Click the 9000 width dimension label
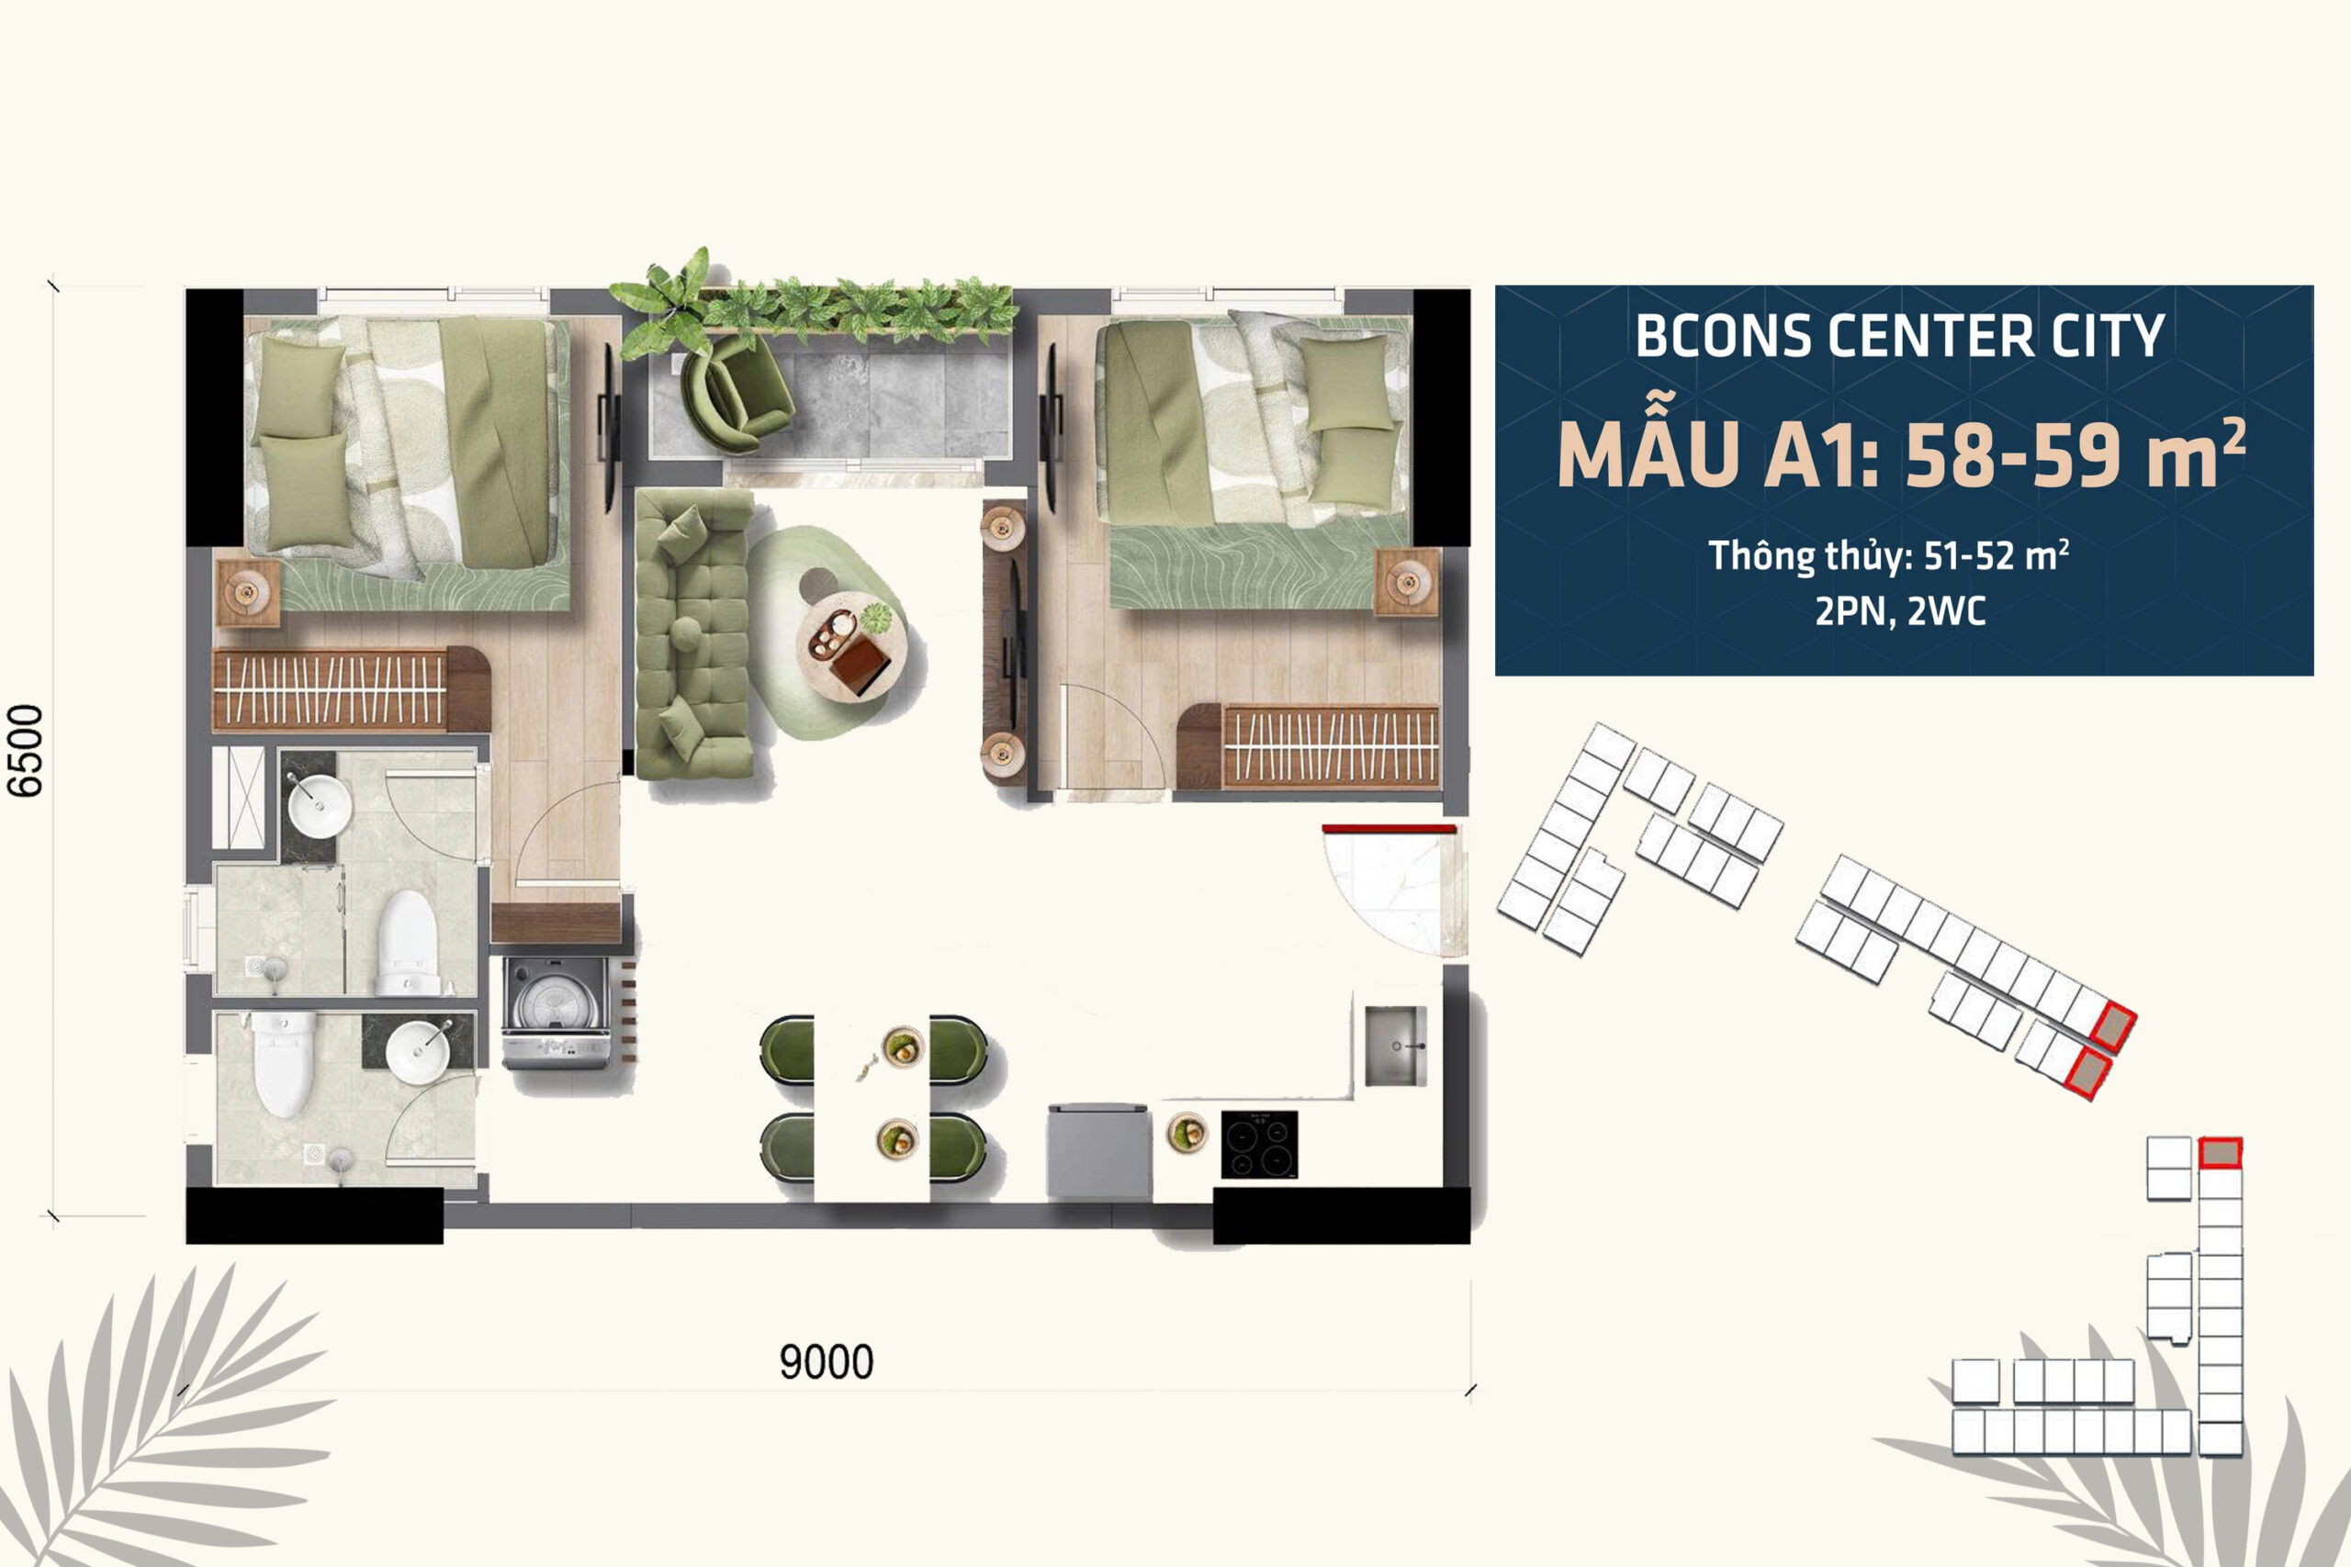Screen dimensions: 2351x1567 (x=827, y=1362)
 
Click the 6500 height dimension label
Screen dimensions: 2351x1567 (x=26, y=751)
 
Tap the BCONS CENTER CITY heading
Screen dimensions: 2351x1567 (x=1899, y=336)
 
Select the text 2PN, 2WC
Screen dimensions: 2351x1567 (x=1900, y=610)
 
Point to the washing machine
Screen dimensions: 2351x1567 (x=556, y=1013)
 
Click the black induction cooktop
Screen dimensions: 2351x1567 (x=1259, y=1145)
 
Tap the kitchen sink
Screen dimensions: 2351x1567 (x=1395, y=1046)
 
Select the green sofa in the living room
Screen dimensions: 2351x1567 (x=694, y=632)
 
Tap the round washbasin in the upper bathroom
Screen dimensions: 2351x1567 (x=320, y=803)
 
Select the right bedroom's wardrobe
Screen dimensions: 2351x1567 (x=1309, y=745)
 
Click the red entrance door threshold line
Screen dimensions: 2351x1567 (x=1389, y=828)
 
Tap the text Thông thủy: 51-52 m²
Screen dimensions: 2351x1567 (x=1888, y=555)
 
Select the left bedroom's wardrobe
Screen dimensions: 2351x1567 (x=351, y=689)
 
